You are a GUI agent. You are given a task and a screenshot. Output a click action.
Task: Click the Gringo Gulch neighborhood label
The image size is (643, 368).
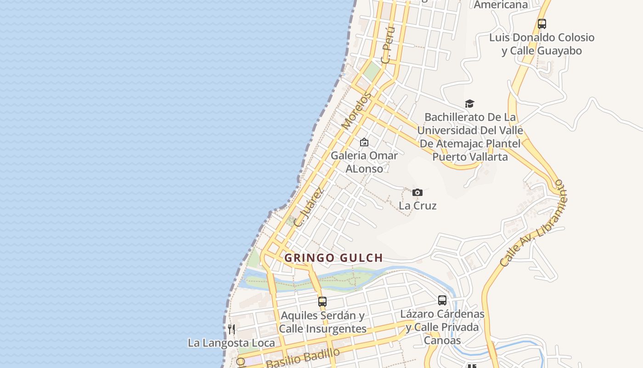click(x=333, y=258)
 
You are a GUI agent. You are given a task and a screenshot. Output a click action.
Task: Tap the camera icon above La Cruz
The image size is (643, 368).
click(x=417, y=192)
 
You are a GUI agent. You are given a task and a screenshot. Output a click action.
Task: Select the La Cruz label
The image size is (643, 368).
click(x=417, y=206)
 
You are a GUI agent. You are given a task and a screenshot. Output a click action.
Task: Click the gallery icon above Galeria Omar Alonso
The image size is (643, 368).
click(x=364, y=142)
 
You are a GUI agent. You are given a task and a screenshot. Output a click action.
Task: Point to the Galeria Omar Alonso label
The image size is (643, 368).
click(x=364, y=162)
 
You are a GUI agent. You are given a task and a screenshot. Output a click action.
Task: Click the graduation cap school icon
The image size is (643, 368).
click(x=469, y=104)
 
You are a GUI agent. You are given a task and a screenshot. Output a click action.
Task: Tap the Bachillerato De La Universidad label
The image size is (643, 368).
click(x=470, y=137)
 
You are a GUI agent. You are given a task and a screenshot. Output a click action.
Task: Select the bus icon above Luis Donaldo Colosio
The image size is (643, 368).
click(x=542, y=24)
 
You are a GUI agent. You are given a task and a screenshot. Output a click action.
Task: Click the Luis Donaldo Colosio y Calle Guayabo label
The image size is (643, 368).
click(x=542, y=44)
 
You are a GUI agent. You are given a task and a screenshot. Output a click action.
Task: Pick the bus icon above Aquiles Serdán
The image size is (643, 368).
click(x=322, y=302)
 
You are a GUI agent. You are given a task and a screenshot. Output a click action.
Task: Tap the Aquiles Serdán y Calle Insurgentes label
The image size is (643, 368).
click(x=322, y=322)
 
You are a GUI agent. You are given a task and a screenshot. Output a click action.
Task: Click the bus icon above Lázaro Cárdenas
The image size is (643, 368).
click(x=442, y=300)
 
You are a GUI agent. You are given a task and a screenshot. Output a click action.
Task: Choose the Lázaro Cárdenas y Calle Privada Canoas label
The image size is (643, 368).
click(x=442, y=327)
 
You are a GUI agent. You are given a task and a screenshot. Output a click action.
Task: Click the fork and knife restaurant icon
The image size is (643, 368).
click(x=231, y=329)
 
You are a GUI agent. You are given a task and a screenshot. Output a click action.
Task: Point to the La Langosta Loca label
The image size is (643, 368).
click(x=231, y=343)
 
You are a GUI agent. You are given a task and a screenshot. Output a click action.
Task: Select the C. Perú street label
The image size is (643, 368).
click(x=388, y=45)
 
